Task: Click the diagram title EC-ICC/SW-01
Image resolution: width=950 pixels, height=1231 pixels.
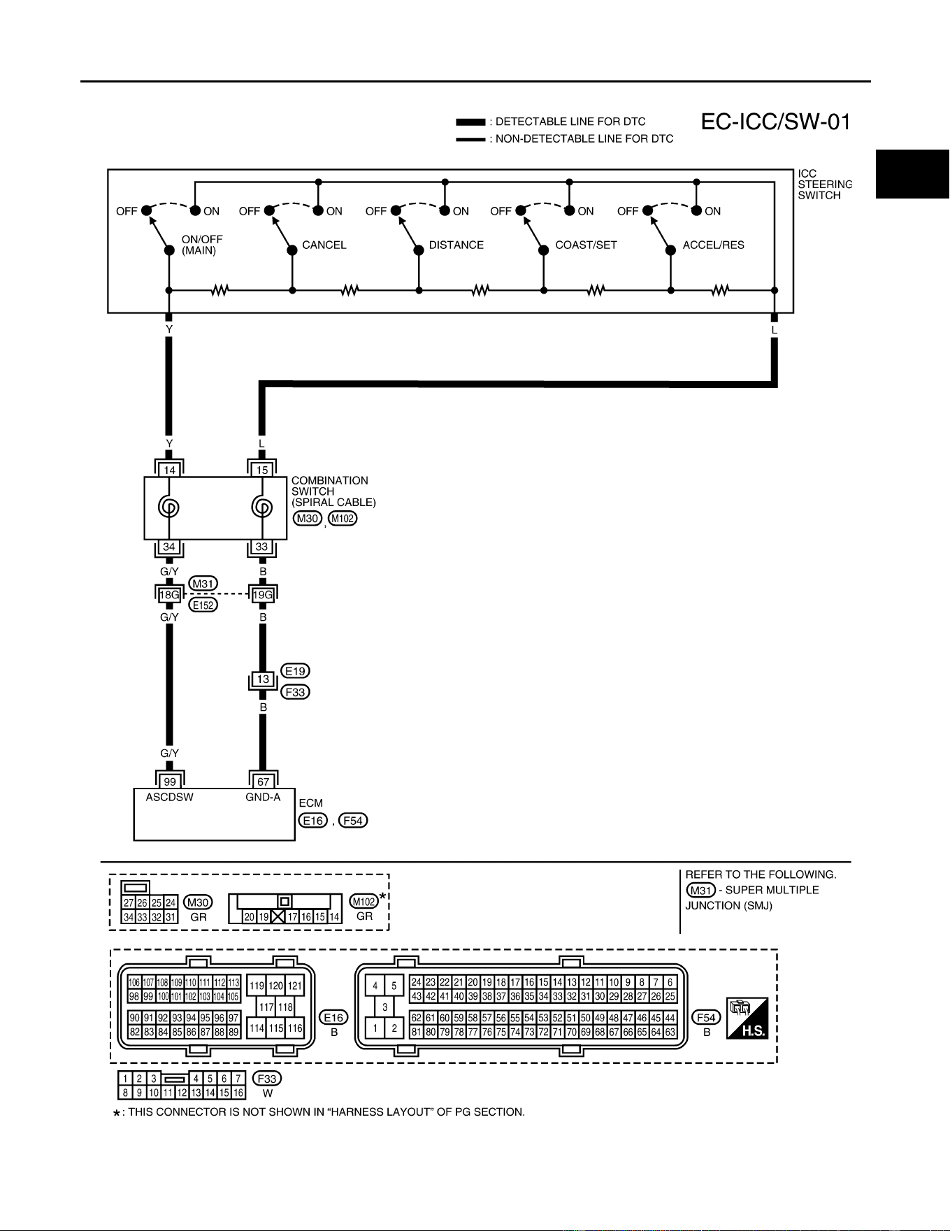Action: click(776, 122)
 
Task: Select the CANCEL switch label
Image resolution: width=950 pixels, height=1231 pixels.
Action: click(324, 245)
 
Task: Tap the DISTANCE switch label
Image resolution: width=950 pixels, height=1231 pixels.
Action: click(456, 245)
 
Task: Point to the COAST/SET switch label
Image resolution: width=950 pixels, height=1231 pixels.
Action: click(586, 245)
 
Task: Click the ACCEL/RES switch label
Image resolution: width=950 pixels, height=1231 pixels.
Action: click(713, 245)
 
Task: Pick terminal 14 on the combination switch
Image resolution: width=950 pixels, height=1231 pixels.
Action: click(169, 470)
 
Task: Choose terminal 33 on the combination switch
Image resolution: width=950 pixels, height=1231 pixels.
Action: click(262, 547)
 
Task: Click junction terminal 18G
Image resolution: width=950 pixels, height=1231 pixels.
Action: click(169, 595)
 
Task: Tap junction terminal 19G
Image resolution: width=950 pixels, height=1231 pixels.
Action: click(263, 595)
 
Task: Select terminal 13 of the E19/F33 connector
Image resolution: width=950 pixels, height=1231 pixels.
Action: click(263, 679)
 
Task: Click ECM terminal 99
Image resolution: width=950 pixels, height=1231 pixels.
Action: click(169, 782)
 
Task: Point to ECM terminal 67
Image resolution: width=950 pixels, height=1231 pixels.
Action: click(263, 782)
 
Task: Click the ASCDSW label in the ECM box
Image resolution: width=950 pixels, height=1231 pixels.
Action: click(170, 798)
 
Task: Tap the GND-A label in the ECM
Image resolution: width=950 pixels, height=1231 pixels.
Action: click(263, 798)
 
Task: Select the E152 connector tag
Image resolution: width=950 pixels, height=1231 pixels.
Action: click(203, 605)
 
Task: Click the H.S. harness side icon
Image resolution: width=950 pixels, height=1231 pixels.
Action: click(747, 1018)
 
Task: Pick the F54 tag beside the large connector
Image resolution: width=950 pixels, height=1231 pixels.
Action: click(707, 1017)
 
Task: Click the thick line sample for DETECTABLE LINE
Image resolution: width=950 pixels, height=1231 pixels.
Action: click(470, 122)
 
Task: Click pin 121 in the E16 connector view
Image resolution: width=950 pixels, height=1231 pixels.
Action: click(296, 986)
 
